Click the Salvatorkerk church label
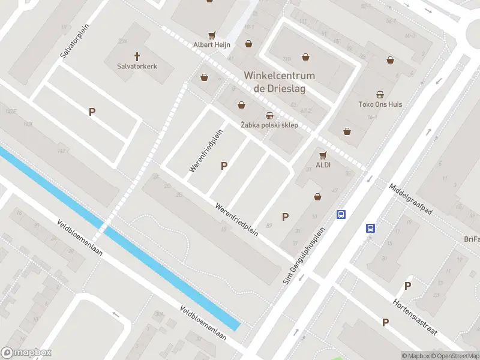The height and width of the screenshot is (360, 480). pos(137,66)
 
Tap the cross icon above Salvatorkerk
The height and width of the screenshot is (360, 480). pos(137,56)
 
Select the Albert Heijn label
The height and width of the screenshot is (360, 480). pos(211,45)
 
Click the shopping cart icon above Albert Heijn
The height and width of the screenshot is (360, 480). pos(211,35)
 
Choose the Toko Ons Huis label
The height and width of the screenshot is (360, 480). pos(380,104)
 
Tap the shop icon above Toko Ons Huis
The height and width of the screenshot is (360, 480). pos(380,94)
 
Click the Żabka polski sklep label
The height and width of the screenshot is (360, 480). pos(269,125)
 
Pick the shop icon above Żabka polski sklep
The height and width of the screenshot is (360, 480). pos(269,115)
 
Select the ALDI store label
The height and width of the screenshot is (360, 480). pos(323,164)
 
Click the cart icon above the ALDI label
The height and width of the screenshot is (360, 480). pos(323,155)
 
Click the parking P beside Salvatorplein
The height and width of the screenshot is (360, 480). pos(92,112)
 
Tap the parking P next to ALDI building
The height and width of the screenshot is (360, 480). pos(285,217)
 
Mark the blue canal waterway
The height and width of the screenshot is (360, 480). pos(120,240)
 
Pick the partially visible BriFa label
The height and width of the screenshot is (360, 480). pos(472,239)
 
